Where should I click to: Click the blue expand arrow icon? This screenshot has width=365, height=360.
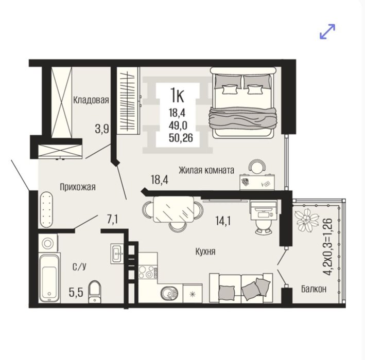coord(327,31)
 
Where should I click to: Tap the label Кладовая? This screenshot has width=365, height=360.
coord(91,100)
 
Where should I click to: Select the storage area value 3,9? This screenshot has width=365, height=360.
coord(102,129)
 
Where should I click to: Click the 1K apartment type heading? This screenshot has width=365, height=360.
coord(178,95)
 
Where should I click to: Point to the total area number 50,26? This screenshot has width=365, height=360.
coord(181,138)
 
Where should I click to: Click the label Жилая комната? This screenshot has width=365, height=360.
coord(206,170)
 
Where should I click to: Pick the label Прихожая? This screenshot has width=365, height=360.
coord(78,187)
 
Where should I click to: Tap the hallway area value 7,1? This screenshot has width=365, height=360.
coord(112,220)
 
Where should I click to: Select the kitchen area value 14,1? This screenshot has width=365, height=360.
coord(223,221)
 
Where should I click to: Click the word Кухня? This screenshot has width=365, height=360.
coord(205,251)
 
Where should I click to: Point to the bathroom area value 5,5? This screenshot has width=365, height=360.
coord(76,292)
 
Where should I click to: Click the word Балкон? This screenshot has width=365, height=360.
coord(314,289)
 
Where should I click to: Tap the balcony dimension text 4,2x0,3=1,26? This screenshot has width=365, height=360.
coord(328,246)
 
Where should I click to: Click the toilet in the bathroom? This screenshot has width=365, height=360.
coord(95,292)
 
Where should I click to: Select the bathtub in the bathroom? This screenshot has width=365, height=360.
coord(49,278)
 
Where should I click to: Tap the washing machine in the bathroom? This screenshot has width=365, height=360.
coord(48,243)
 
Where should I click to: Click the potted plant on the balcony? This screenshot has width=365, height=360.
coord(306,220)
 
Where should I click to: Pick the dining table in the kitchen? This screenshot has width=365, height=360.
coord(173,209)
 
